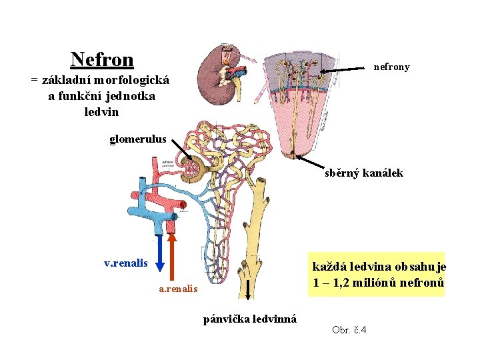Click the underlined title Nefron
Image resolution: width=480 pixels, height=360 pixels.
(102, 60)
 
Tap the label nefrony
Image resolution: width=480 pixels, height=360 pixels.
(392, 67)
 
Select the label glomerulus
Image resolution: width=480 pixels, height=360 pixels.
(138, 139)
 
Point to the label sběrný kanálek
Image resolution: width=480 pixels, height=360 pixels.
(364, 173)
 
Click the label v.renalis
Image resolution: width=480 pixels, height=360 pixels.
(126, 263)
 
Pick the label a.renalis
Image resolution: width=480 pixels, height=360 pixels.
(178, 289)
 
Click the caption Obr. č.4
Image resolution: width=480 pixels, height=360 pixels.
(349, 331)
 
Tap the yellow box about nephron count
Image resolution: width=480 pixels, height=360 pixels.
(379, 274)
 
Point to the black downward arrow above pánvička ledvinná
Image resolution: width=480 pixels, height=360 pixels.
(248, 291)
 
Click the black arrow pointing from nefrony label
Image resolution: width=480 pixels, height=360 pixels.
(344, 70)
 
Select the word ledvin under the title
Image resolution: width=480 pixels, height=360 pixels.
(101, 112)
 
